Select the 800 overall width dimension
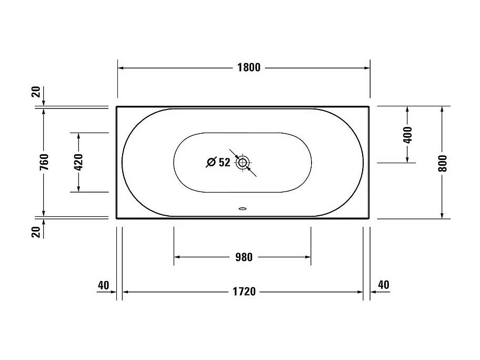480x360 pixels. tap(442, 163)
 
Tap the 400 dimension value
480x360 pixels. tap(408, 135)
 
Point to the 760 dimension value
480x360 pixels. tap(44, 162)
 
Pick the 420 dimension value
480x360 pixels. tap(78, 163)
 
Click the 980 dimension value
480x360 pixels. tap(243, 257)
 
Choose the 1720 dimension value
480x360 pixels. tap(243, 292)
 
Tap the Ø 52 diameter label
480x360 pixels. tap(218, 163)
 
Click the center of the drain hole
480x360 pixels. tap(243, 163)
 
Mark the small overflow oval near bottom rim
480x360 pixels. tap(243, 208)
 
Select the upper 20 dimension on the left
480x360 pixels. tap(36, 93)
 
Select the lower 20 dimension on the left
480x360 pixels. tap(36, 232)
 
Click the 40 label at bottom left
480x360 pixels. tap(103, 285)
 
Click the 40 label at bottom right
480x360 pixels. tap(383, 285)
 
